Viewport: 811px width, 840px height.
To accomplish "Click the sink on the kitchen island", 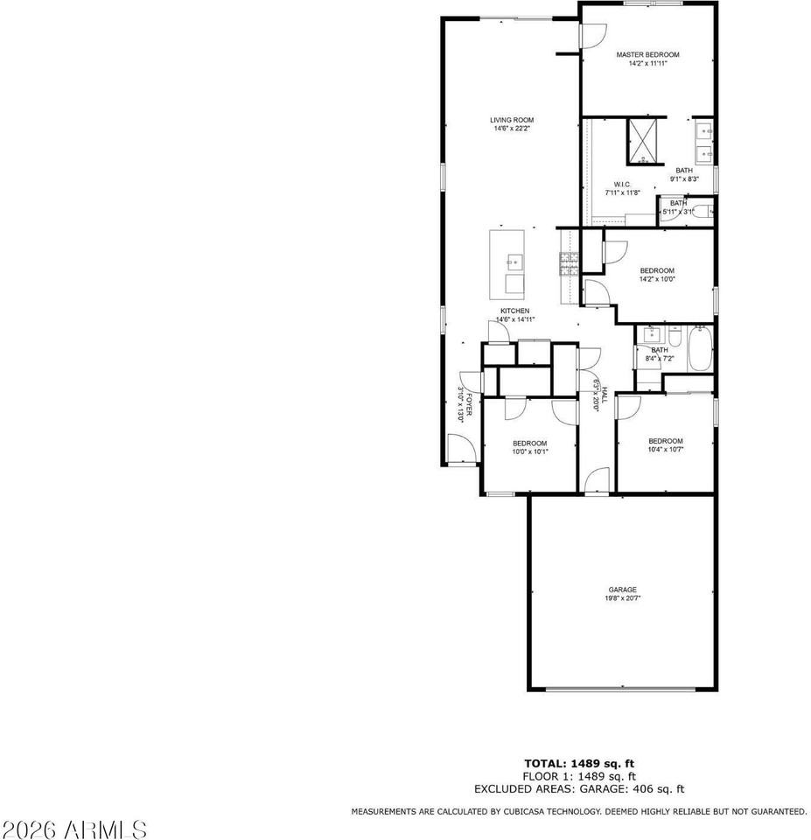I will coord(514,261).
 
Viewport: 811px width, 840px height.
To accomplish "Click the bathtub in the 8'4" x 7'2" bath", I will coord(701,348).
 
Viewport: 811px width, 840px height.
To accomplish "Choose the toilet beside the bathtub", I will coord(675,336).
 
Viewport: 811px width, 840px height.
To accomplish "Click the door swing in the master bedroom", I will coord(592,35).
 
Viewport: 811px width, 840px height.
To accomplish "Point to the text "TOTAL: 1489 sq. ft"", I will coord(578,764).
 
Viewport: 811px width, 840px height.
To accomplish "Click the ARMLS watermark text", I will coord(74,827).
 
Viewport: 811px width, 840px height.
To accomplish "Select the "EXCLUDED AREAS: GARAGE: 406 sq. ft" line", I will coord(578,788).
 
